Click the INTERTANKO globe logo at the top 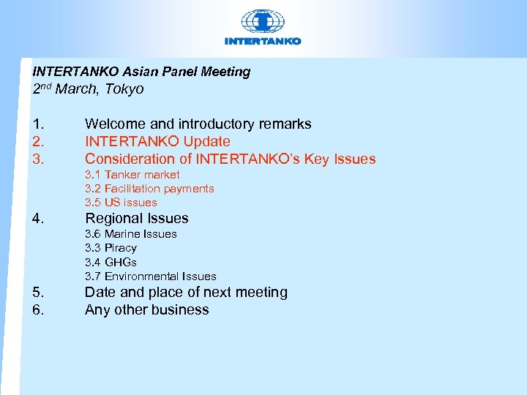[262, 22]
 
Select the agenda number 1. [38, 124]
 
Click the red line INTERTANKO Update [157, 141]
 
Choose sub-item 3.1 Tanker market [132, 174]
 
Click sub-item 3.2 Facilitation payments [149, 188]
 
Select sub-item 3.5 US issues [121, 202]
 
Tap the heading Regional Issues [137, 218]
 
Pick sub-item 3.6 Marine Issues [131, 233]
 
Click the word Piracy [121, 247]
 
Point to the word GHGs [121, 261]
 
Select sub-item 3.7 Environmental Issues [151, 276]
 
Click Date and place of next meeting [186, 292]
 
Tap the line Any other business [146, 309]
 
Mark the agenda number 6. [38, 309]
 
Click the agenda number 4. [38, 218]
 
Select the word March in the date [81, 89]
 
